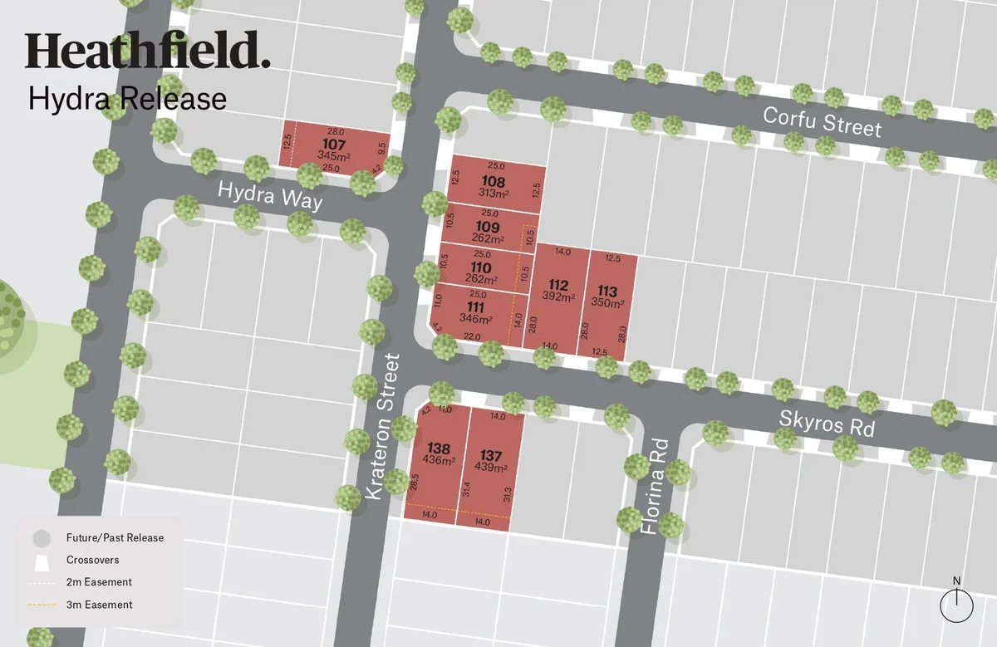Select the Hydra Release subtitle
point(127,98)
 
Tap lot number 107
point(333,144)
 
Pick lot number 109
point(488,227)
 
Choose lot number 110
point(481,267)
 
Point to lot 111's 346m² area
point(476,318)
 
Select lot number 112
point(558,285)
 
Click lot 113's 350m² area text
point(607,303)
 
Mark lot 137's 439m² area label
point(491,468)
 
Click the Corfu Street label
point(822,122)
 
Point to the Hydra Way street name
point(269,198)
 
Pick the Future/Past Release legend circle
point(42,538)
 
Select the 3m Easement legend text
point(100,605)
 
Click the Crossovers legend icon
point(42,561)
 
